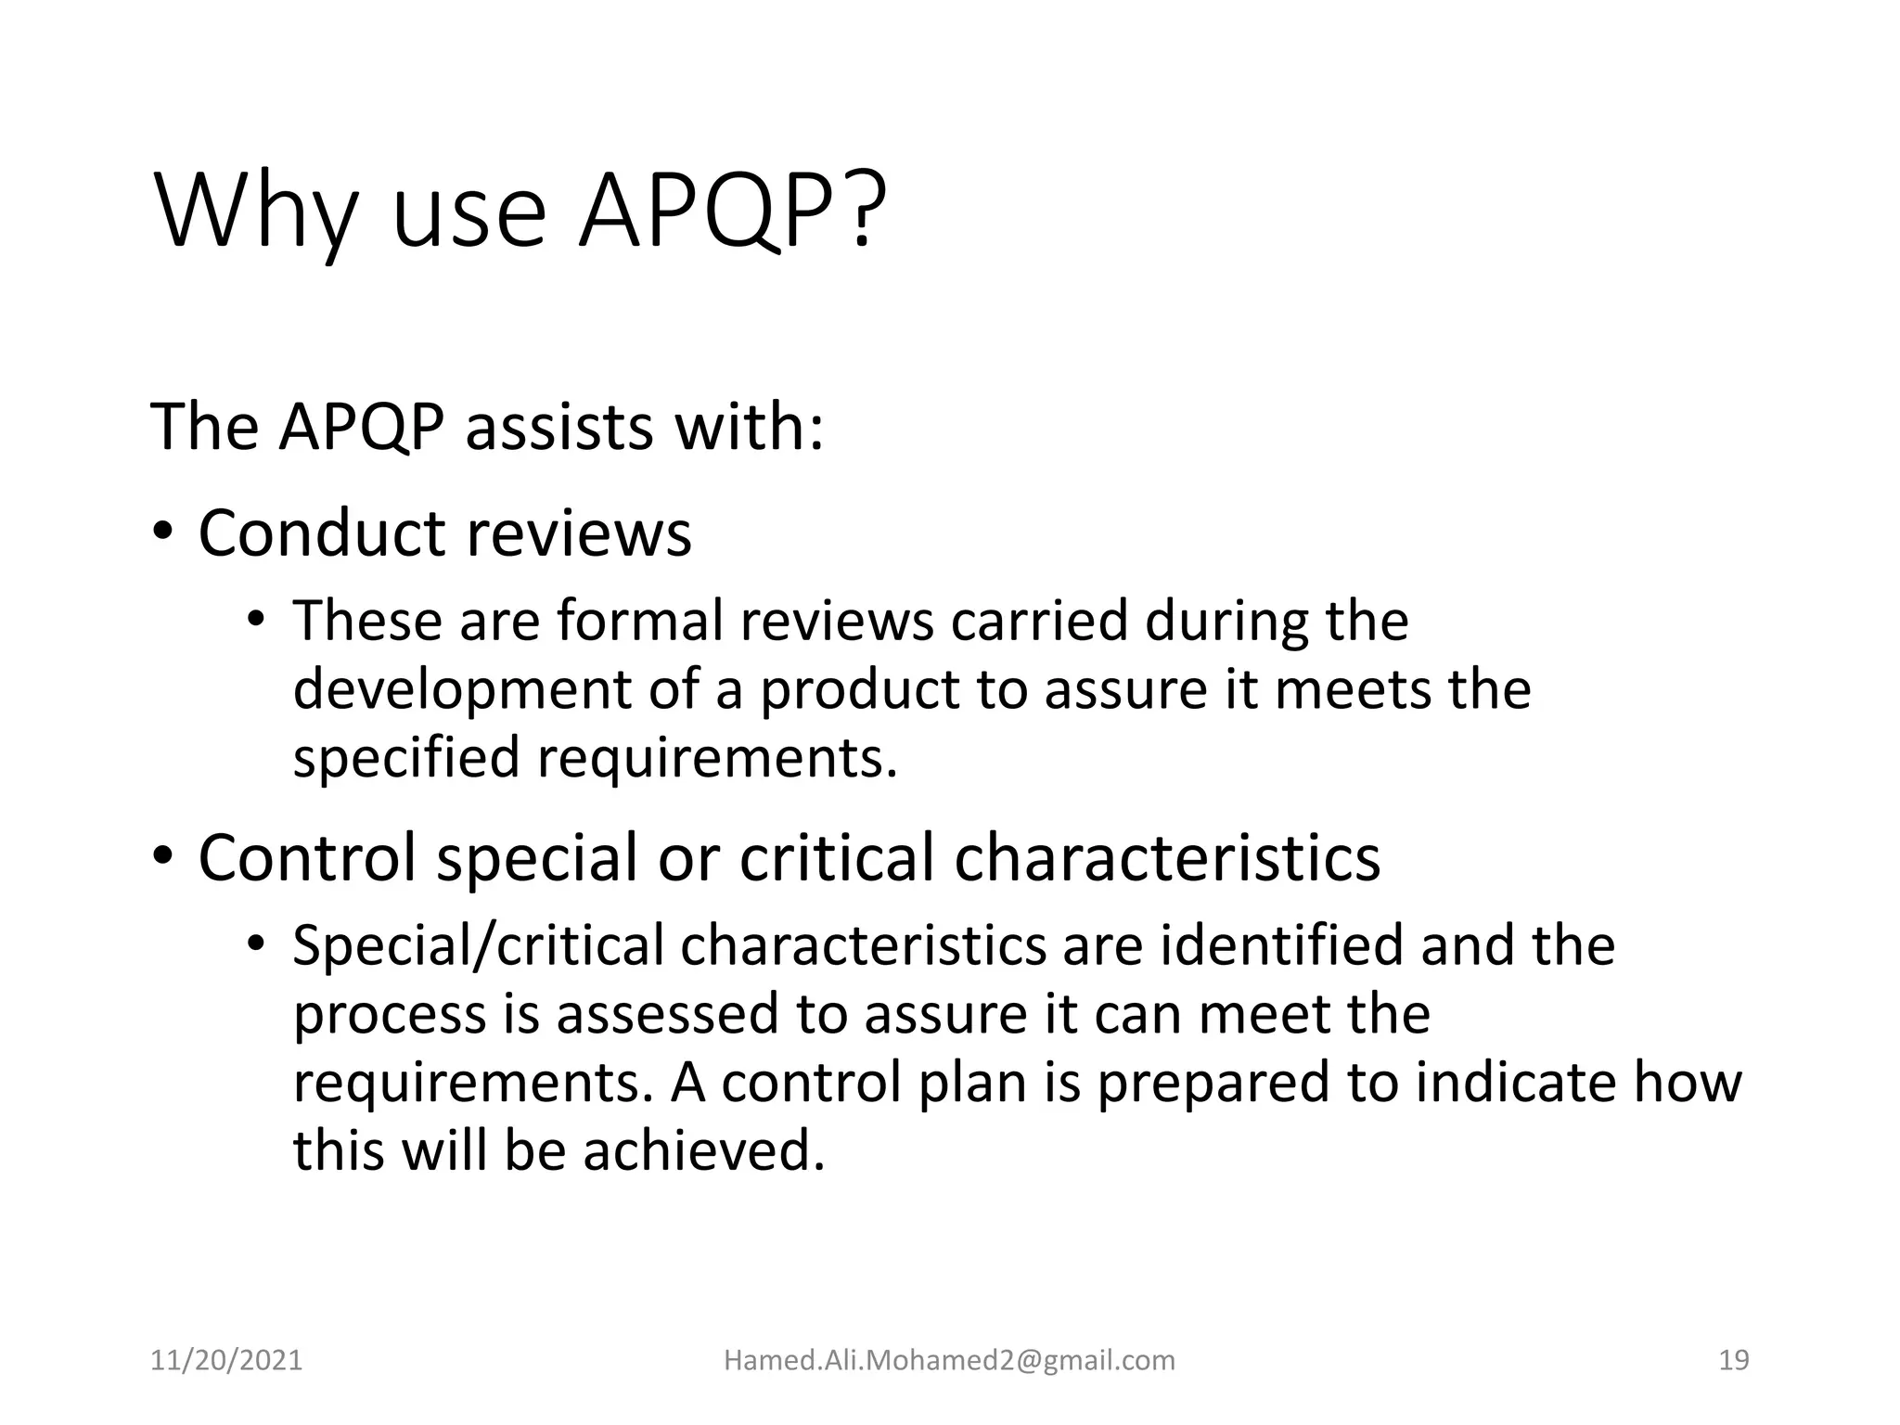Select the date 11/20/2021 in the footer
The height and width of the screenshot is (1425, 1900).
tap(226, 1360)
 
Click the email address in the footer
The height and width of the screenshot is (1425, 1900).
tap(949, 1360)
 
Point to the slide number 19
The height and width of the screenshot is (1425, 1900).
tap(1733, 1360)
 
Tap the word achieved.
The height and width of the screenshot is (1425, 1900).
tap(703, 1151)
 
